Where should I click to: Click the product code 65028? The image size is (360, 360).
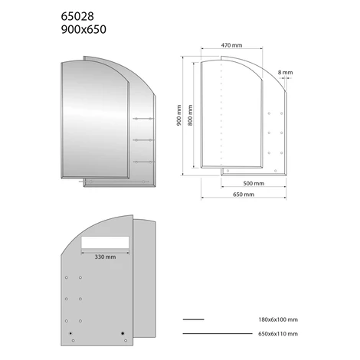(77, 17)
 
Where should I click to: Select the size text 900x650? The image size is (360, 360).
(83, 30)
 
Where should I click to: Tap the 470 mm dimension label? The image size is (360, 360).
(231, 45)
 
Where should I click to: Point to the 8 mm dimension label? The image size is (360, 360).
(286, 73)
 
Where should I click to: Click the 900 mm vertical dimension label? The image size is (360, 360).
(179, 115)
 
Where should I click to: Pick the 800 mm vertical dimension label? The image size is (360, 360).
(190, 115)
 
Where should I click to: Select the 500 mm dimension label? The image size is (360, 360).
(254, 183)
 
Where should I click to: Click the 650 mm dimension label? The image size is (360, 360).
(244, 195)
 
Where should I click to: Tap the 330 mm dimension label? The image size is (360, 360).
(105, 257)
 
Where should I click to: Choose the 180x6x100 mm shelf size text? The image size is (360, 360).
(278, 319)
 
